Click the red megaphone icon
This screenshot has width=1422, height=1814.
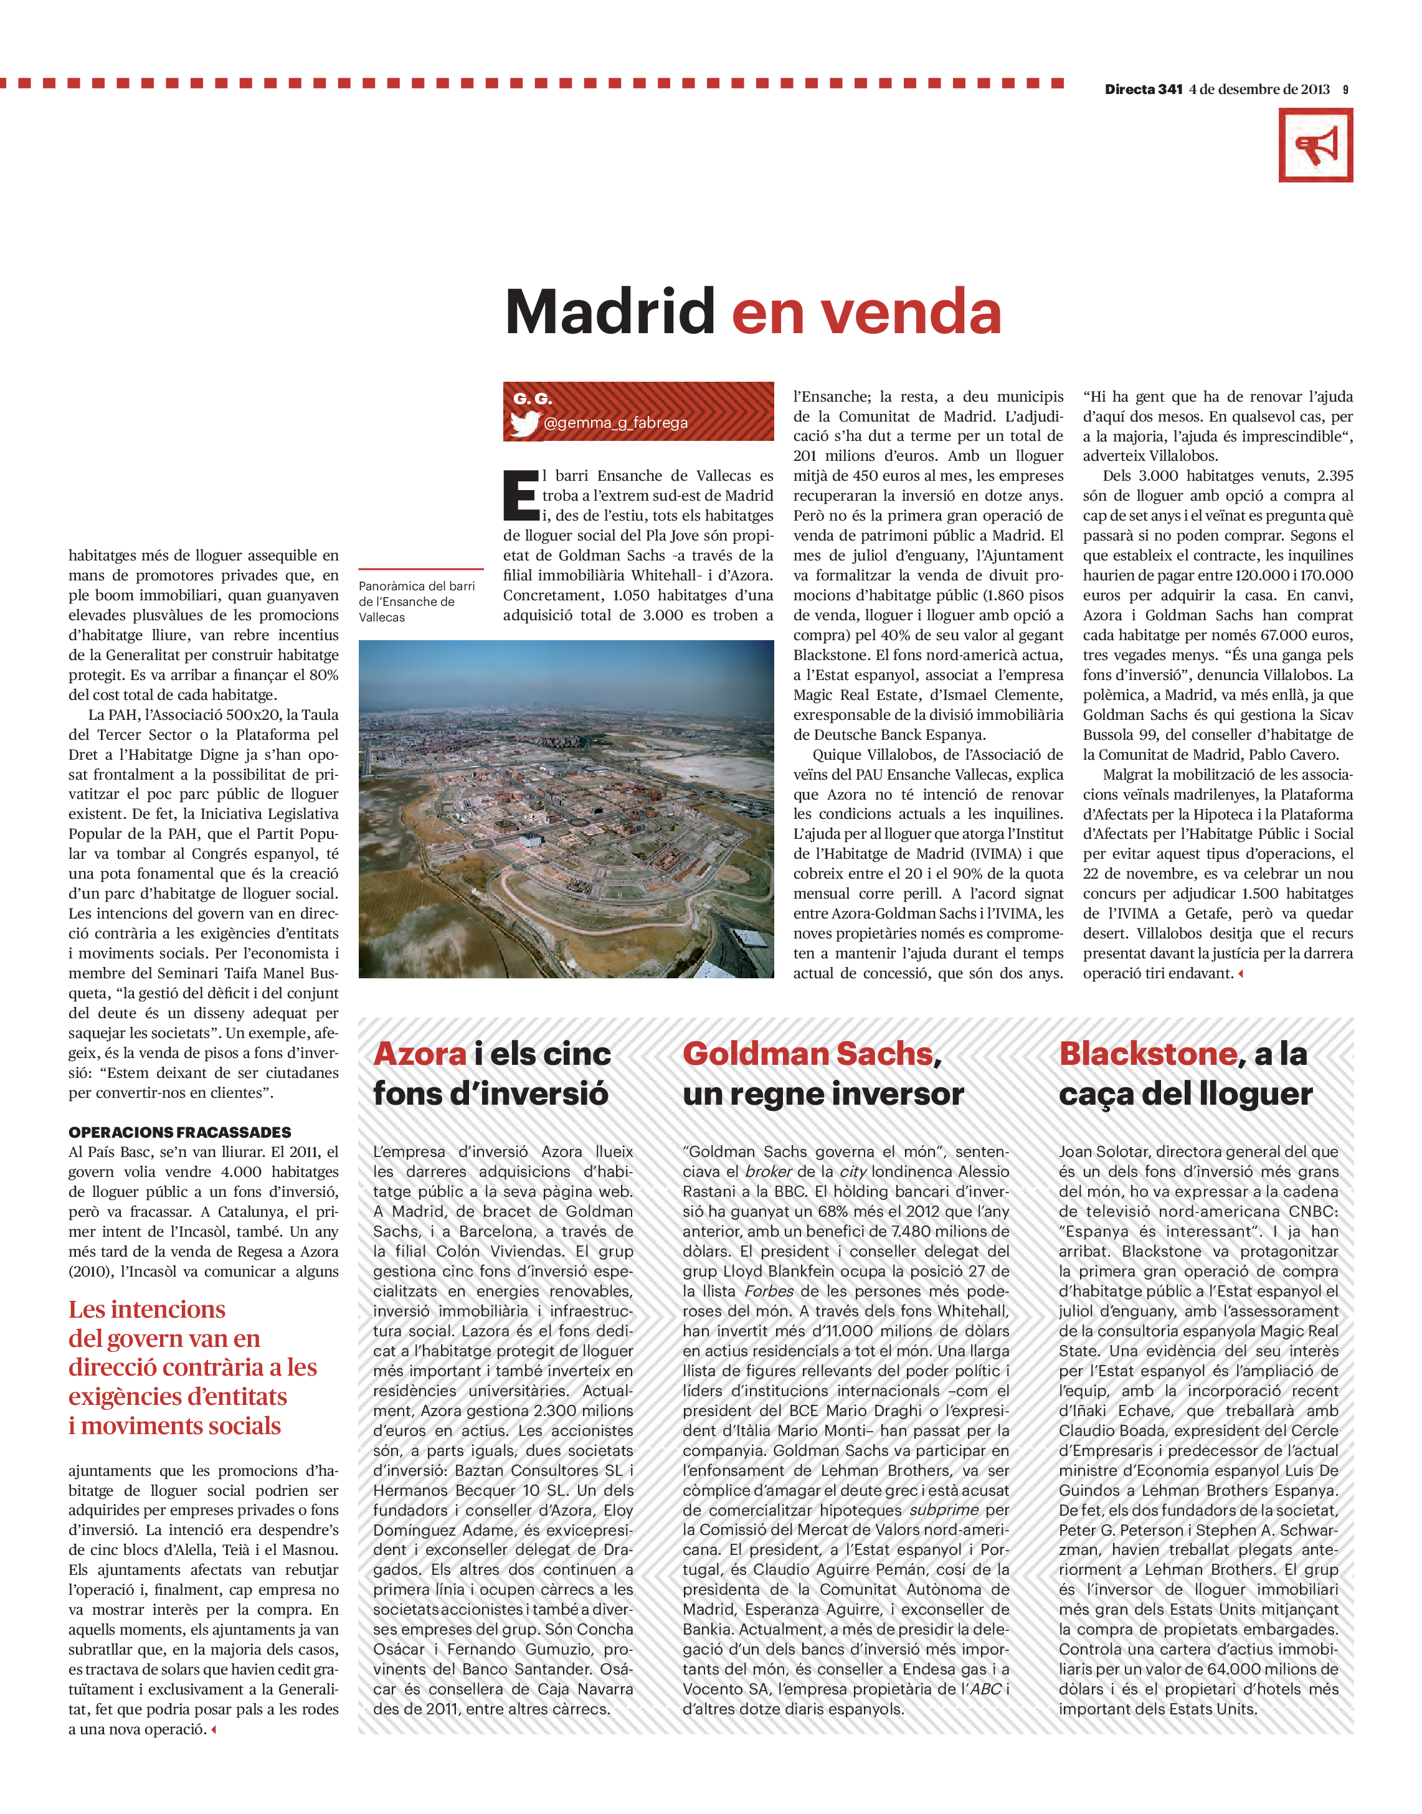point(1315,146)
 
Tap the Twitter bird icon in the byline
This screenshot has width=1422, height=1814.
point(524,423)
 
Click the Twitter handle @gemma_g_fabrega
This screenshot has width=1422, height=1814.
point(615,423)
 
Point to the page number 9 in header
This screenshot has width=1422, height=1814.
point(1345,90)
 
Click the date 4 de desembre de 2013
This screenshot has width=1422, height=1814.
point(1259,90)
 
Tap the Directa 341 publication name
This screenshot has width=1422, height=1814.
point(1143,90)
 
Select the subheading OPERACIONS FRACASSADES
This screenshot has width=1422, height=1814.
point(180,1132)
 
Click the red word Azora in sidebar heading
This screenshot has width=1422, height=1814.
point(420,1054)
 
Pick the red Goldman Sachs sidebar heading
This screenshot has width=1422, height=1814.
point(808,1054)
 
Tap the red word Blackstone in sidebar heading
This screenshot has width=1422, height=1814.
point(1147,1054)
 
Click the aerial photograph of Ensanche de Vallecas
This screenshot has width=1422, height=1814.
point(566,808)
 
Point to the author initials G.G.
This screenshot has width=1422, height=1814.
point(533,399)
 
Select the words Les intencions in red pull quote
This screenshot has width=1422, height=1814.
point(146,1310)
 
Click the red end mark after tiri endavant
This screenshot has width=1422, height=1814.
point(1241,973)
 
